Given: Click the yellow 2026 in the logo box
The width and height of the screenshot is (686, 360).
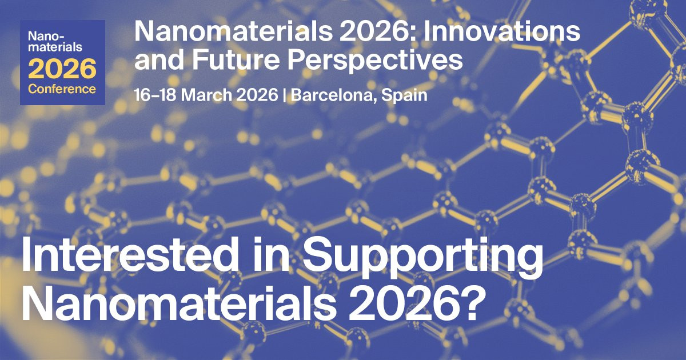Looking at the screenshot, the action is pos(62,69).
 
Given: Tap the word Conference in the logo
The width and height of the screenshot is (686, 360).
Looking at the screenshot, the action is pos(62,89).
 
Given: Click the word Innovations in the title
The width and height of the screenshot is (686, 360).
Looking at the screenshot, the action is pos(502,31).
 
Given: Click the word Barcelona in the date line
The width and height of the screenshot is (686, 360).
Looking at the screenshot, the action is pos(333,95).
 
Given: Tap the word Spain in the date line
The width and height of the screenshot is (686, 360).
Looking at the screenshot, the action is pos(404,95).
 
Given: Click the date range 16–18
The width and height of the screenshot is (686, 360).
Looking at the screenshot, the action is pos(155,95).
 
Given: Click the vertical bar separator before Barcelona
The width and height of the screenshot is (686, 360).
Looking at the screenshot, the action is pos(285,95).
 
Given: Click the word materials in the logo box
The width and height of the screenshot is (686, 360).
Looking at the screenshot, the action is pos(55,47).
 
